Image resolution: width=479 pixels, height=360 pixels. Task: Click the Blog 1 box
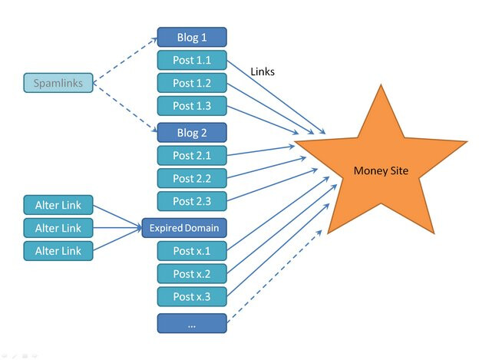click(192, 36)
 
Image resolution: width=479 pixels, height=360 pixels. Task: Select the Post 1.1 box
click(192, 60)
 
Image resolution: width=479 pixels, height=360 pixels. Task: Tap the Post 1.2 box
click(192, 83)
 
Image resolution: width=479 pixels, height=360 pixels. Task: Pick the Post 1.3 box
click(192, 106)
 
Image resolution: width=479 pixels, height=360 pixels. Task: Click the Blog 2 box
click(192, 132)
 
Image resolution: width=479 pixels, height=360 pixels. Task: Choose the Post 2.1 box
click(192, 155)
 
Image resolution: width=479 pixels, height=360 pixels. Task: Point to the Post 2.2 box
click(192, 178)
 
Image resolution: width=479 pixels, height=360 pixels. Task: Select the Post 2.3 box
click(192, 201)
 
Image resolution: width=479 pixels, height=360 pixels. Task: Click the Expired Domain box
click(184, 227)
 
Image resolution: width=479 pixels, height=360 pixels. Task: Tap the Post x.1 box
click(192, 250)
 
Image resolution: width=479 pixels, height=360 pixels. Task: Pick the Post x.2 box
click(192, 273)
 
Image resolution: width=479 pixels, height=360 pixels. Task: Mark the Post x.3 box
click(192, 296)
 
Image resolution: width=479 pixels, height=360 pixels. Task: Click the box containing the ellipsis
click(192, 323)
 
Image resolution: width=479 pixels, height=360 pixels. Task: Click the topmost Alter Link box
click(58, 205)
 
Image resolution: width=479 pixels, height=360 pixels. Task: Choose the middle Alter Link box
click(58, 228)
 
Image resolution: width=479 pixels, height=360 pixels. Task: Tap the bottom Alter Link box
click(58, 250)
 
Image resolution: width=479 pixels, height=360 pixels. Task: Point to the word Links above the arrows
click(263, 71)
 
